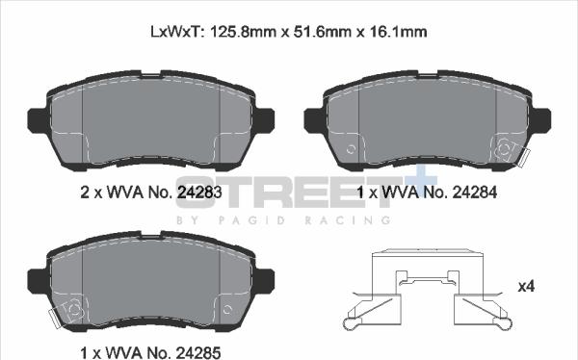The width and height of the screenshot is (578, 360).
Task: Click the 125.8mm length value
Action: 243,32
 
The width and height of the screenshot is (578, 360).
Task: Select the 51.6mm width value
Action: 322,32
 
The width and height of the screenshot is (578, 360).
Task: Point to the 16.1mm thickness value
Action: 397,32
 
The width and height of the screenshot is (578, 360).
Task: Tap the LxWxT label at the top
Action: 175,32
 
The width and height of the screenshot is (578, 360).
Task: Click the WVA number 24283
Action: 199,192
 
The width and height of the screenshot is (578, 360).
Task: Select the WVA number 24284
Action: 474,192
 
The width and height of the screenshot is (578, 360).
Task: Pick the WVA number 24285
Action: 198,352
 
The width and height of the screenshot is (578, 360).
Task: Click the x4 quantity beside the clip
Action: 526,286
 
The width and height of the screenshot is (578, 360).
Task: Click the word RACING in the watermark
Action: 348,220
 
